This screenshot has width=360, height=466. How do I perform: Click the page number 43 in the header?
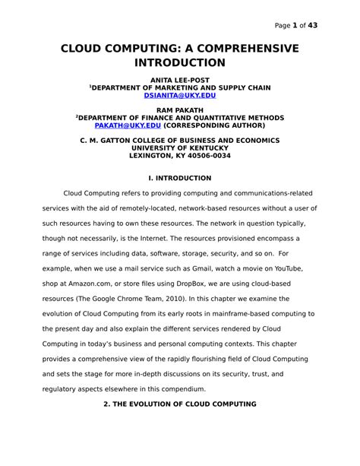[312, 25]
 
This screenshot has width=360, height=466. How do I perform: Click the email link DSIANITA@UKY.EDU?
[179, 96]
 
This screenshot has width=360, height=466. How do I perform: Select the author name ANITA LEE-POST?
[179, 79]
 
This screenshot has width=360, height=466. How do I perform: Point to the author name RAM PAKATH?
[179, 110]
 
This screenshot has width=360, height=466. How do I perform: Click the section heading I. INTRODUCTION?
[179, 178]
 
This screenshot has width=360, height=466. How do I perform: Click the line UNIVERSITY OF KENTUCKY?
[179, 148]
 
